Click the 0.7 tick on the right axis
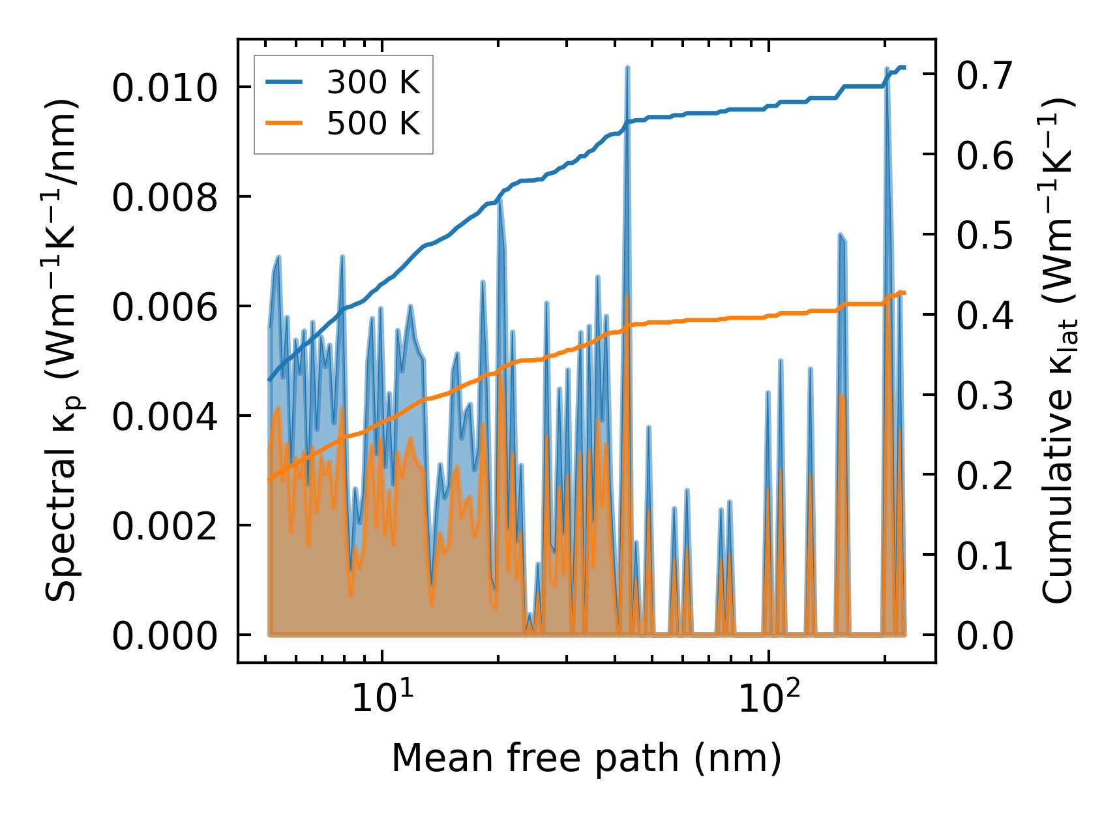click(x=985, y=74)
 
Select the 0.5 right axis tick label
click(x=985, y=235)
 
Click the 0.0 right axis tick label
click(x=985, y=635)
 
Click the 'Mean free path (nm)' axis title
click(x=586, y=759)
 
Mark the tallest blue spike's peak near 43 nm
click(x=627, y=67)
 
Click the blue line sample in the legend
click(x=284, y=83)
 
